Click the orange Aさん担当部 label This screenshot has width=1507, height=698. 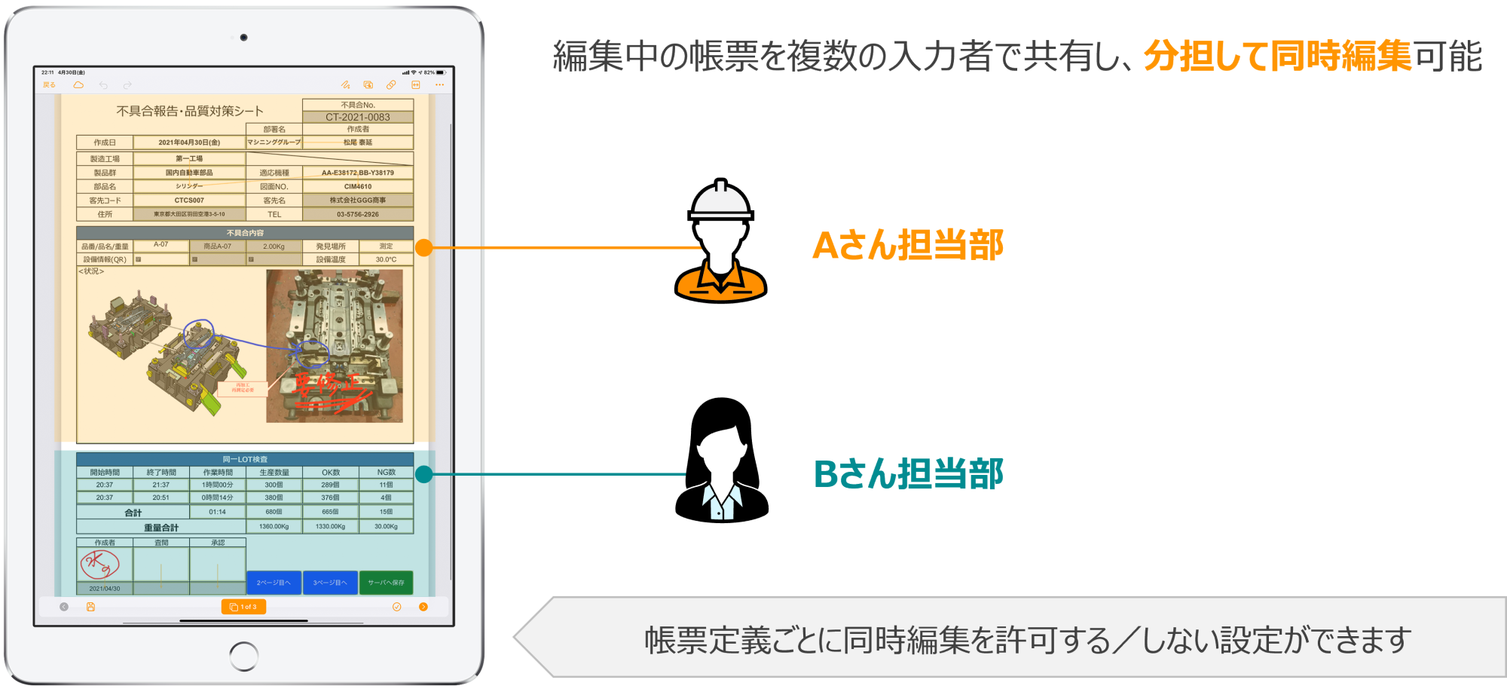907,246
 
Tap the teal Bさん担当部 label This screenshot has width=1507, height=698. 908,474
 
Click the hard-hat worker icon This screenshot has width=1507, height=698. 721,241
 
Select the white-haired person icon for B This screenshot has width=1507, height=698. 722,473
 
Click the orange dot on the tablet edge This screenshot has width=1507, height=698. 424,247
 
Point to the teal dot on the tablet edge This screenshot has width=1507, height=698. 424,474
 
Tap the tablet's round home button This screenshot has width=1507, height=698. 243,656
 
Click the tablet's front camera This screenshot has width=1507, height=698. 243,37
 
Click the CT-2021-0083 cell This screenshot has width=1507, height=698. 358,117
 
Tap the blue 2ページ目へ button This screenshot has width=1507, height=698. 274,583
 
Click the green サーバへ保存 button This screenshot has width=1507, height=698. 386,583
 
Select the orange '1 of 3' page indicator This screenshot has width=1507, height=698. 243,607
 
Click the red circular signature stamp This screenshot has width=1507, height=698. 100,564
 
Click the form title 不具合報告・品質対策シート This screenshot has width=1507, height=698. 190,111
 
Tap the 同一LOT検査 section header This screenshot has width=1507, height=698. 245,459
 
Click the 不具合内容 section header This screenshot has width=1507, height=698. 245,233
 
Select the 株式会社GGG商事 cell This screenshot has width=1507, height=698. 358,201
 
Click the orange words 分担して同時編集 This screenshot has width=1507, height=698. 1277,56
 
